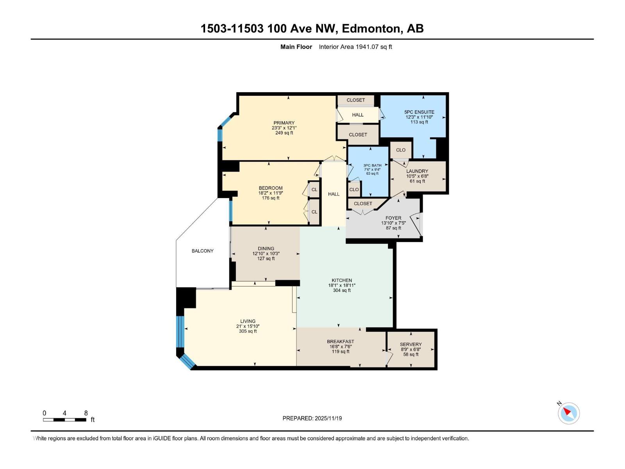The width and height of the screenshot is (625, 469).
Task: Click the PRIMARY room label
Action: coord(284,123)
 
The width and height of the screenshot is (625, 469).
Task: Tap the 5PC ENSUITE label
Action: coord(419,112)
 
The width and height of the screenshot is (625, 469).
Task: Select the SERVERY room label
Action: coord(411,344)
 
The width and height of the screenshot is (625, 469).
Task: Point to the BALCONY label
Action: coord(202,251)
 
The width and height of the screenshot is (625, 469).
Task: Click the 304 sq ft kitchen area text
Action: coord(342,290)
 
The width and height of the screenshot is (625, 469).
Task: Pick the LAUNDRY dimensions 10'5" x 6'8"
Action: coord(417,176)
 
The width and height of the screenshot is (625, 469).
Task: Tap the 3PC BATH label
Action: coord(372,165)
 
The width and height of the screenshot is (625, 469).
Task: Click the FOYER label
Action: coord(393,218)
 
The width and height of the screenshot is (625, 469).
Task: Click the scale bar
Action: coord(64,420)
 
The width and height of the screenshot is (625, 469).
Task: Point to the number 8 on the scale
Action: coord(86,413)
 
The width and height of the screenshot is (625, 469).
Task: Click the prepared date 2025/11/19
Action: coord(328,418)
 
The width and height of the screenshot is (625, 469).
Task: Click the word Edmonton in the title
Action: coord(372,29)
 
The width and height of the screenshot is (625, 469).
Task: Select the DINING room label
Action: coord(266,249)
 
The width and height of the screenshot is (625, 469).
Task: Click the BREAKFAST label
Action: coord(340,342)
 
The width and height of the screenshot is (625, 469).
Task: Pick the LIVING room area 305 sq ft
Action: coord(248,331)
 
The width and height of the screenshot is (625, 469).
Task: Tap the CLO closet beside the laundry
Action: coord(401,150)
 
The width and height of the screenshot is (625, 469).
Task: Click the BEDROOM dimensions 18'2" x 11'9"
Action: coord(270,193)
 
